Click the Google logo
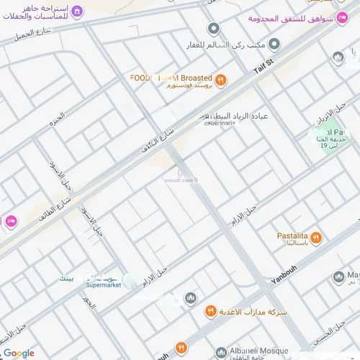(19, 353)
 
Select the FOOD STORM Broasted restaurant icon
(220, 80)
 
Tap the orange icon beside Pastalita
(317, 238)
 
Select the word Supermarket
(103, 285)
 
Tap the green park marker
(320, 134)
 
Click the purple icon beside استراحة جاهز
(78, 11)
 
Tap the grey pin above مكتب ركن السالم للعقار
(213, 30)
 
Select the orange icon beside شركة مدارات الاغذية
(211, 312)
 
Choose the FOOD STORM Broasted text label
(171, 78)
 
